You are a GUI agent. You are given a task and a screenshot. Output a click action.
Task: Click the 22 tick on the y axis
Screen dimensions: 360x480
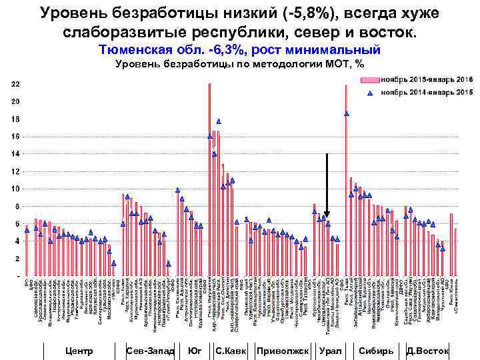click(15, 84)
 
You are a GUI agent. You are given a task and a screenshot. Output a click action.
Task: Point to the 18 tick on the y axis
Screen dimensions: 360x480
click(15, 119)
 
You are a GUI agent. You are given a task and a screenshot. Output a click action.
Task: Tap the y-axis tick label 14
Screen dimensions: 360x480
click(15, 154)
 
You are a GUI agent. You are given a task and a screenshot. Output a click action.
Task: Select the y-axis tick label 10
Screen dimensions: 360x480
click(15, 189)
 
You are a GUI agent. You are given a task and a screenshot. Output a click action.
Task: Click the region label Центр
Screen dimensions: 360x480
click(81, 351)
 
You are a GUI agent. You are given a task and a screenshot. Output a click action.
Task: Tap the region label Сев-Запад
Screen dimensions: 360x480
click(150, 351)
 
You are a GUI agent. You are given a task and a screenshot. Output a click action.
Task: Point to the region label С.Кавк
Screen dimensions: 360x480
click(231, 351)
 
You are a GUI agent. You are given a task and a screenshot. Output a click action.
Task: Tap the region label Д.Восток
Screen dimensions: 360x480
click(428, 351)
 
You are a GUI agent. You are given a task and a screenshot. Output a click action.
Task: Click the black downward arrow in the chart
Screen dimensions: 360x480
click(327, 187)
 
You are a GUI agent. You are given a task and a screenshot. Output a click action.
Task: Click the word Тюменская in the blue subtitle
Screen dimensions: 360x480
click(134, 49)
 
